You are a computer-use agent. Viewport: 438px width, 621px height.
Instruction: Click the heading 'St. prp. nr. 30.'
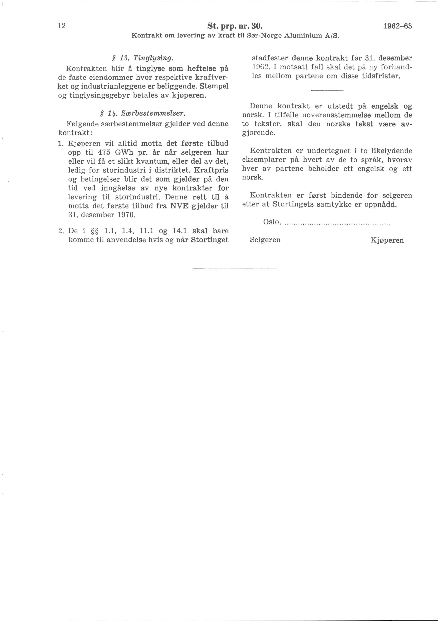(x=235, y=26)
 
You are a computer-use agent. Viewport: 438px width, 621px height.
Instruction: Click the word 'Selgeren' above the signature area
(x=265, y=240)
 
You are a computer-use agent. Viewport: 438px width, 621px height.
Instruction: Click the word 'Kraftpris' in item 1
(x=211, y=171)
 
